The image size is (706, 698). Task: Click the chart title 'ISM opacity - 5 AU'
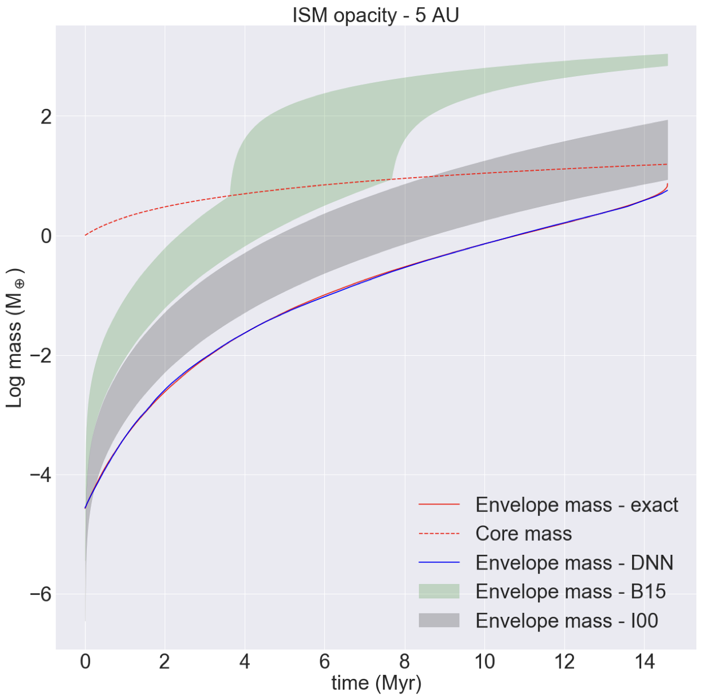[376, 15]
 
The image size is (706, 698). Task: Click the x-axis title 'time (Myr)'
[376, 683]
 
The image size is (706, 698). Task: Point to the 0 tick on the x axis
[85, 661]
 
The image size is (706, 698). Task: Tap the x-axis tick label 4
[245, 661]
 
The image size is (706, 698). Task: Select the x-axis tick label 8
[404, 661]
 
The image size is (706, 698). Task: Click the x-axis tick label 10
[484, 661]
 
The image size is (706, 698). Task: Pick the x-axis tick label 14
[644, 661]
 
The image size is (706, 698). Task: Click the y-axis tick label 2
[46, 117]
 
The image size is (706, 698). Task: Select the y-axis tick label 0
[46, 236]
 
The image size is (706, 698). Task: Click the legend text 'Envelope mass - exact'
[576, 505]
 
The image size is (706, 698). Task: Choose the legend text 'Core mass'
[523, 533]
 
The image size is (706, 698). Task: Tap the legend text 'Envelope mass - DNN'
[574, 563]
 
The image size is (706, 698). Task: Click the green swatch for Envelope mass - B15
[439, 591]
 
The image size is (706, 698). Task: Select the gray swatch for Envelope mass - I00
[439, 621]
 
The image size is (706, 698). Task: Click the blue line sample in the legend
[439, 563]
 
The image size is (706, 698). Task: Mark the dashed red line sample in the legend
[439, 533]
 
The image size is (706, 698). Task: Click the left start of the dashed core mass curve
[86, 235]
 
